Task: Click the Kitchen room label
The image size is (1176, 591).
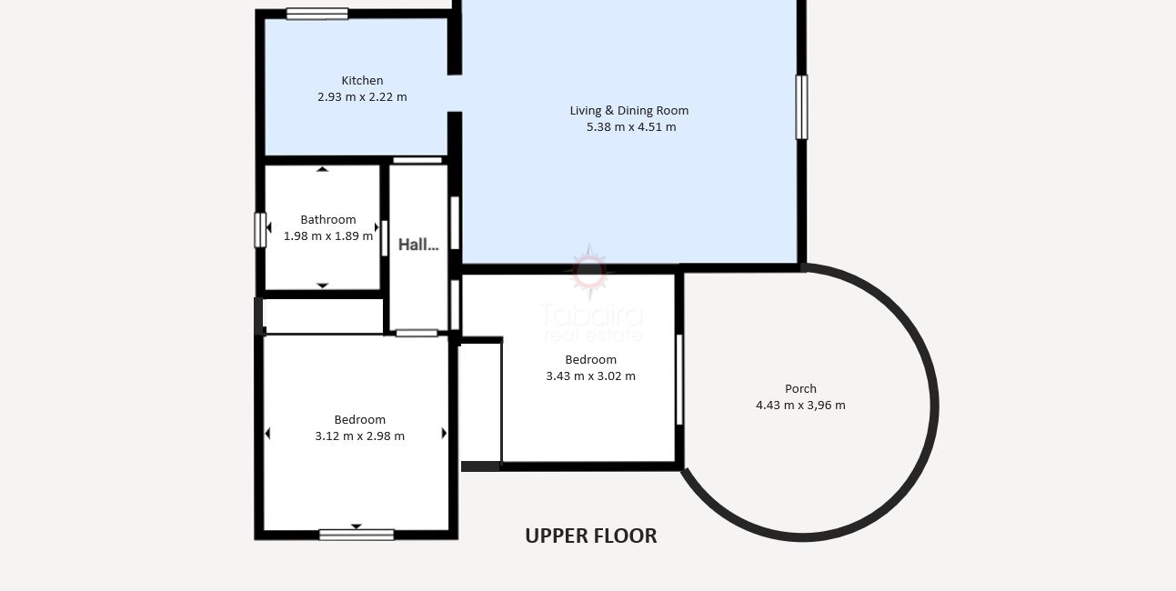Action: click(362, 80)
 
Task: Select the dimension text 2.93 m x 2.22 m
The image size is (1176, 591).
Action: click(362, 97)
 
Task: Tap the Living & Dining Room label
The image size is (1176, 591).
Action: click(629, 111)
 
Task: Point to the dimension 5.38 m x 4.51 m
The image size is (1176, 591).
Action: click(631, 127)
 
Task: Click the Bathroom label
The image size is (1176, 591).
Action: click(328, 219)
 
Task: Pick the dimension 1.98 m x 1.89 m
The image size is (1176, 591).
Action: click(328, 236)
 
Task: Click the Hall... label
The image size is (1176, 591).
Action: click(418, 245)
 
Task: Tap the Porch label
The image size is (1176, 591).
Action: click(800, 389)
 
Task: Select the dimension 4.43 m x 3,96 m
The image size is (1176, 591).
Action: click(800, 406)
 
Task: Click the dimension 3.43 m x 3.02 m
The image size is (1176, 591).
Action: click(590, 376)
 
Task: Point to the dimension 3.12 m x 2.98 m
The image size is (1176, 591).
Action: click(359, 436)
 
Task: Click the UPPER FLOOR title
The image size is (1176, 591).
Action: click(591, 536)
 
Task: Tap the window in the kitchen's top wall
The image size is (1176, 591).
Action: click(317, 14)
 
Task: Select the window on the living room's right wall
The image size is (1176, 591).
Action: click(801, 107)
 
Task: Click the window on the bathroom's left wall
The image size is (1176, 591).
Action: click(260, 230)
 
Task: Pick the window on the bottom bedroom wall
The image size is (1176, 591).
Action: click(357, 535)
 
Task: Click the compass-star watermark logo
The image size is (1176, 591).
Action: click(589, 271)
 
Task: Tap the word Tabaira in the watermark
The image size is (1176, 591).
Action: click(591, 316)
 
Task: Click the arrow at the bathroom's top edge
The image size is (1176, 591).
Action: click(322, 169)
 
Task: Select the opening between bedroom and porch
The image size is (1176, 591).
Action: click(679, 379)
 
